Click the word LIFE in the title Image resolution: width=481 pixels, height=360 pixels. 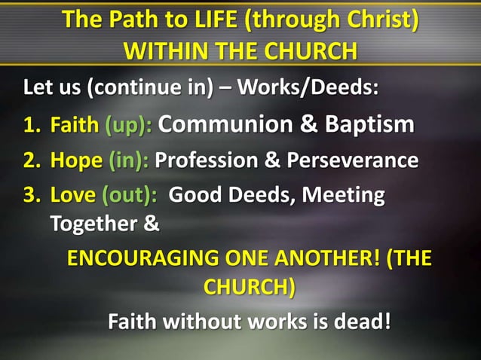216,19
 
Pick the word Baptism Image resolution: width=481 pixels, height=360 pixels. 369,124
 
